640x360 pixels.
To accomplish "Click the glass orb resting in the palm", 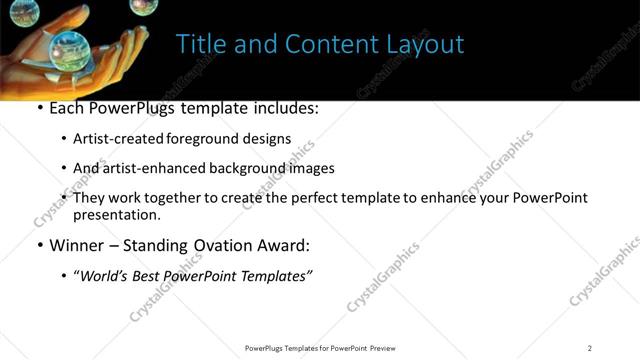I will [x=68, y=45].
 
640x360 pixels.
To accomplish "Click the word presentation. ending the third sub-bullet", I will [x=116, y=214].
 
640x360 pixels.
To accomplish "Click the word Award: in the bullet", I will [x=283, y=244].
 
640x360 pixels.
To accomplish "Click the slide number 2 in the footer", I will [x=590, y=348].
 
